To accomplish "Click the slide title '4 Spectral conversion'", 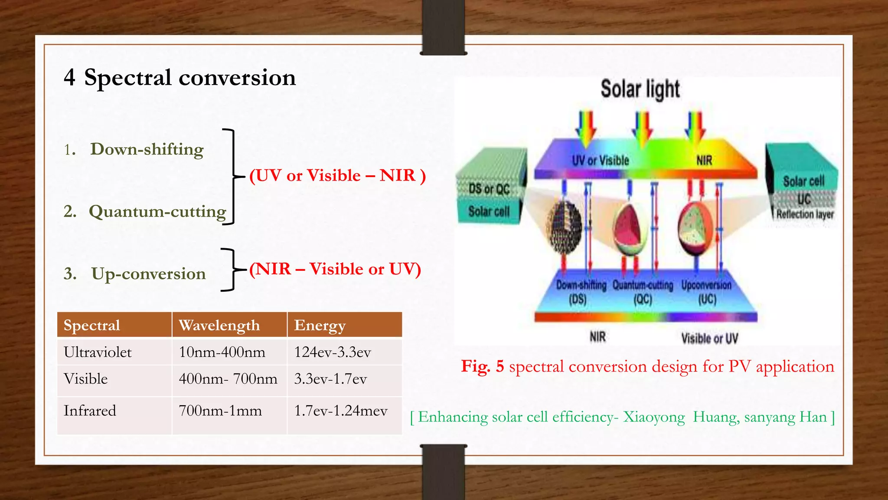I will pyautogui.click(x=180, y=78).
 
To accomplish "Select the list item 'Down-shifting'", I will pyautogui.click(x=147, y=149).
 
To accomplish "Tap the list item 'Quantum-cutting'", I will pyautogui.click(x=157, y=212).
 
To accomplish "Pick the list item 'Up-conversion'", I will pyautogui.click(x=148, y=274).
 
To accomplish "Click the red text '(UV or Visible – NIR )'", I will pyautogui.click(x=337, y=176).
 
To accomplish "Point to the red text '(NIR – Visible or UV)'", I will pyautogui.click(x=335, y=269).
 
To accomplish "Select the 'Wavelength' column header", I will pyautogui.click(x=219, y=325).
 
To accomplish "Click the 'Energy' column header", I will pyautogui.click(x=320, y=325).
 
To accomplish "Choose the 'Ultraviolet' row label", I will pyautogui.click(x=98, y=352).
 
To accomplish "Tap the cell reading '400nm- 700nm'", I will pyautogui.click(x=228, y=379).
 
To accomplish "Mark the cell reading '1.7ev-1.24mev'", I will pyautogui.click(x=341, y=411).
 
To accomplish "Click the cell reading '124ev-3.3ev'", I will pyautogui.click(x=333, y=352).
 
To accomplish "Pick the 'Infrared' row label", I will pyautogui.click(x=90, y=411).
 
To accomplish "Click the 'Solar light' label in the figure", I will pyautogui.click(x=640, y=89).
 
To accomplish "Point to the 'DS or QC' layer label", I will pyautogui.click(x=489, y=189).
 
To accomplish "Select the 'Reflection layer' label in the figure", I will pyautogui.click(x=805, y=214).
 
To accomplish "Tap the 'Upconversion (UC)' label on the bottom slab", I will pyautogui.click(x=706, y=292).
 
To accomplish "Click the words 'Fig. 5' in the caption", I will pyautogui.click(x=482, y=366).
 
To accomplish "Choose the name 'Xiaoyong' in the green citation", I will pyautogui.click(x=654, y=417).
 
